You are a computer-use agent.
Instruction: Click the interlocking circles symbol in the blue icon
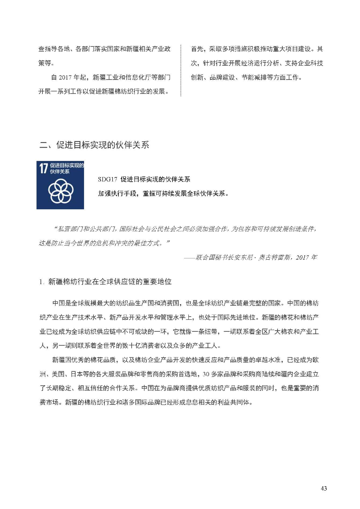[60, 191]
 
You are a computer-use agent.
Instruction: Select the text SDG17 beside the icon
[107, 179]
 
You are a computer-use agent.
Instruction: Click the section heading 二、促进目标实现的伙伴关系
[94, 145]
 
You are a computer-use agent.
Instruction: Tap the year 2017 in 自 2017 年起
[66, 77]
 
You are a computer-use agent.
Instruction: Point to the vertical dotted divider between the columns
[181, 70]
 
